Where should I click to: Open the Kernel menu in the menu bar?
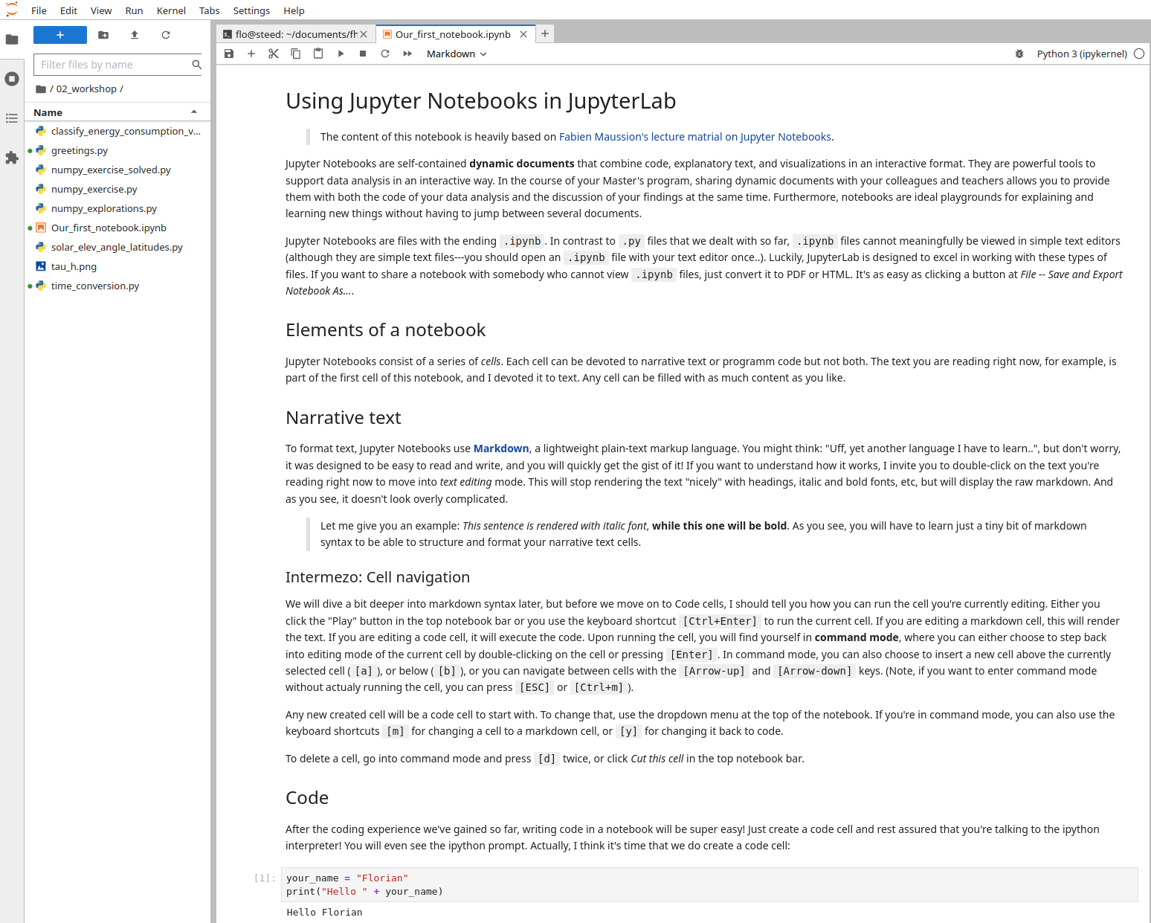(171, 10)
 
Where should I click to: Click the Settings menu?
(251, 10)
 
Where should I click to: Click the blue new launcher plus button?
(60, 35)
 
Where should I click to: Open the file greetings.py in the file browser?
(80, 150)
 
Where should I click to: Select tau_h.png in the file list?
(74, 266)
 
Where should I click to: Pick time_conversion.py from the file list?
(95, 286)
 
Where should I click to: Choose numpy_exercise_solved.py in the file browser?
(111, 170)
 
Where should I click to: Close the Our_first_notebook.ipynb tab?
(523, 34)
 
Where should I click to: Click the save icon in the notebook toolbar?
(229, 54)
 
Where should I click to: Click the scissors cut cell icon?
(274, 54)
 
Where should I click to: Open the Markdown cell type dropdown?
(457, 54)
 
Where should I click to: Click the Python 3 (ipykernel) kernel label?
(1082, 54)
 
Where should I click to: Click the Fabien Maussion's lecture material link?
(695, 137)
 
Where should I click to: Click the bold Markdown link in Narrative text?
(501, 448)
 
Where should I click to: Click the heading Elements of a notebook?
(385, 330)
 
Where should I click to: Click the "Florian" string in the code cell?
(382, 878)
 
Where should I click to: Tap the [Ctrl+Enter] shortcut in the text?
(720, 621)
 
